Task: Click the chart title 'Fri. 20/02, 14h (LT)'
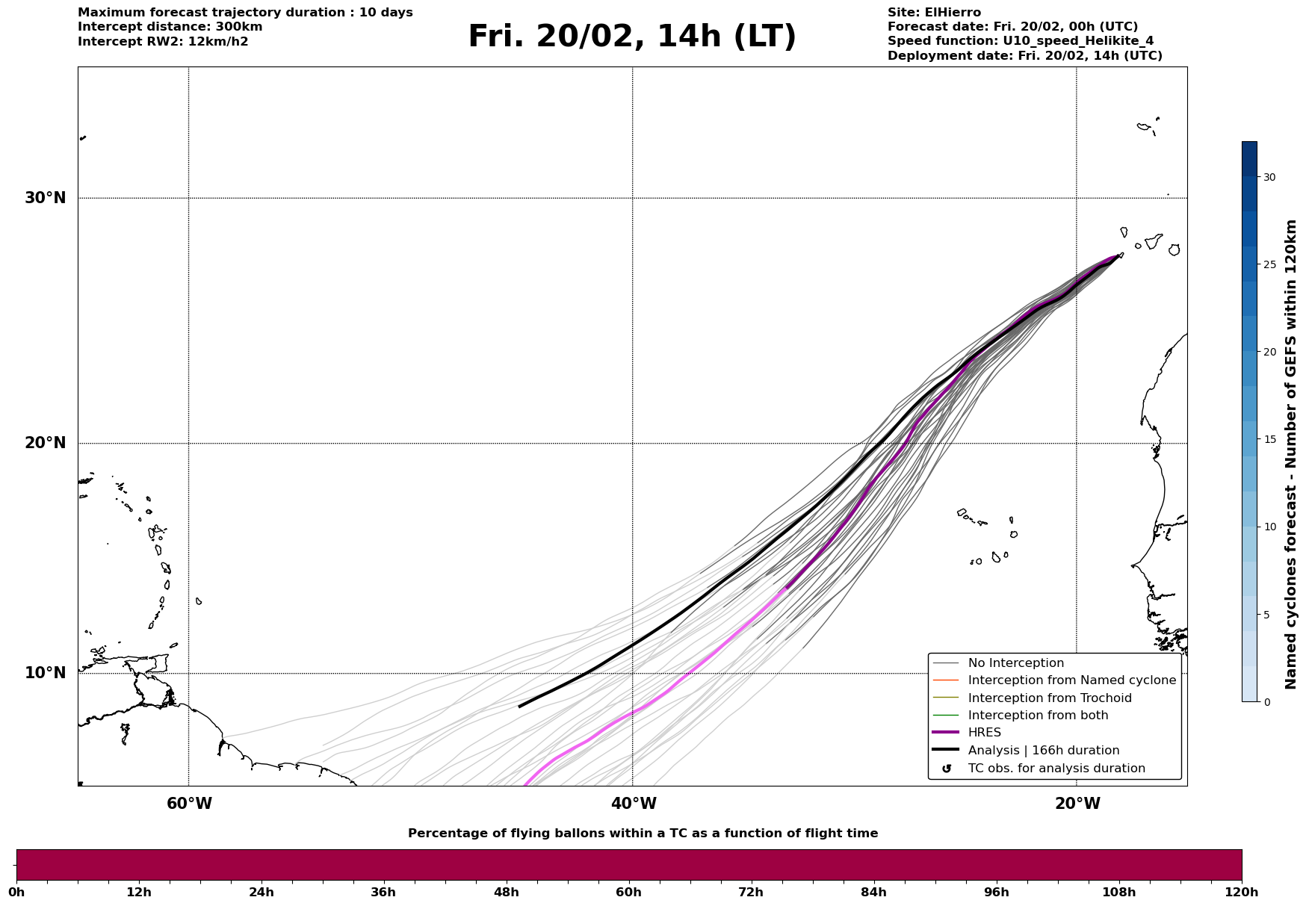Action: pyautogui.click(x=632, y=37)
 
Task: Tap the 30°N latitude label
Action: pyautogui.click(x=45, y=198)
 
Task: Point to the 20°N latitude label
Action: pyautogui.click(x=45, y=443)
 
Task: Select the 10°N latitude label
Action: pyautogui.click(x=45, y=673)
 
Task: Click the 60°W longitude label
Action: pyautogui.click(x=189, y=804)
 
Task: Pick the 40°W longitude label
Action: pyautogui.click(x=634, y=804)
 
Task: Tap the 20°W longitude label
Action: pyautogui.click(x=1077, y=804)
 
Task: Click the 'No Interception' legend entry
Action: pyautogui.click(x=1015, y=663)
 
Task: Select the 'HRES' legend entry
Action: pyautogui.click(x=984, y=733)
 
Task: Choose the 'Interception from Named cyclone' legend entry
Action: pyautogui.click(x=1071, y=680)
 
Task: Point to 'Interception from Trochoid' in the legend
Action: pyautogui.click(x=1049, y=698)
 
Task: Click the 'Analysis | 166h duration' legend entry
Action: pyautogui.click(x=1043, y=751)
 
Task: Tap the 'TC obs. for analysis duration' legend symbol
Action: pyautogui.click(x=947, y=769)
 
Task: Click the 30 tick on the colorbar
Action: pyautogui.click(x=1269, y=177)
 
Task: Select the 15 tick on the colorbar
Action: pyautogui.click(x=1269, y=439)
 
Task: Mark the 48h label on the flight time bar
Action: pyautogui.click(x=506, y=892)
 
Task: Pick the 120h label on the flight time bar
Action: pyautogui.click(x=1241, y=892)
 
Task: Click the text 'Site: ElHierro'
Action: pyautogui.click(x=934, y=13)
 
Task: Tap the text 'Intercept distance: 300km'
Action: pyautogui.click(x=170, y=27)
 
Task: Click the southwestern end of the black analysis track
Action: pyautogui.click(x=520, y=706)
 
